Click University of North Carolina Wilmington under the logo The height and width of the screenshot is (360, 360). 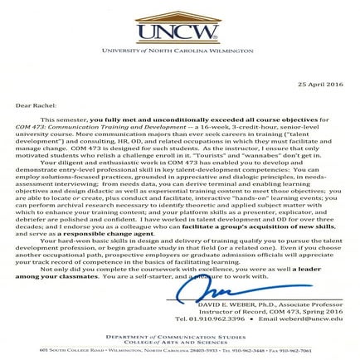click(179, 53)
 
